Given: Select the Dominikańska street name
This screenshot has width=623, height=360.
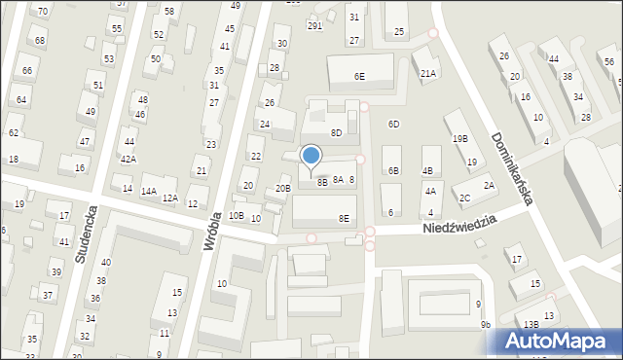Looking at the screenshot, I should pyautogui.click(x=512, y=168).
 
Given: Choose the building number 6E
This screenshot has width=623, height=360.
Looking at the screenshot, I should pyautogui.click(x=359, y=76).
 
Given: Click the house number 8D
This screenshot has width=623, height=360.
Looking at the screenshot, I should pyautogui.click(x=336, y=132).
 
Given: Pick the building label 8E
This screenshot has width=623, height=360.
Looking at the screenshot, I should pyautogui.click(x=344, y=219).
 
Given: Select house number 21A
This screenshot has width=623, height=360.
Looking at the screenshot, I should pyautogui.click(x=427, y=74).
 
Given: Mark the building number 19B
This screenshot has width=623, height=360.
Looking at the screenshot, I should pyautogui.click(x=459, y=139).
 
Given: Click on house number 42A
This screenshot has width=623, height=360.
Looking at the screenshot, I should pyautogui.click(x=128, y=159).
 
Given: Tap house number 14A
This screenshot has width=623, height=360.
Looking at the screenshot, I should pyautogui.click(x=148, y=192).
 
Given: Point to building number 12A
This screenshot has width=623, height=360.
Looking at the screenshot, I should pyautogui.click(x=169, y=198).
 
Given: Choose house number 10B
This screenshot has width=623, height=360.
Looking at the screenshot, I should pyautogui.click(x=237, y=215).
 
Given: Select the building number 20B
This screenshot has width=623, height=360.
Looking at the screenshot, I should pyautogui.click(x=282, y=188).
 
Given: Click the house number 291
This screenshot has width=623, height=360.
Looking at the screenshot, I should pyautogui.click(x=314, y=26).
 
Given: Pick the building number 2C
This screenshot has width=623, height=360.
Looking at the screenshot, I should pyautogui.click(x=465, y=198).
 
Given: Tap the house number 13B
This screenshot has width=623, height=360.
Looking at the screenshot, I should pyautogui.click(x=530, y=324).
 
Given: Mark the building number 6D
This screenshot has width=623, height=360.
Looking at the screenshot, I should pyautogui.click(x=393, y=125).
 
